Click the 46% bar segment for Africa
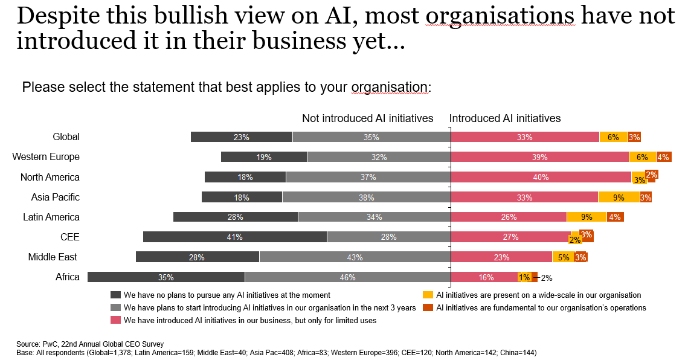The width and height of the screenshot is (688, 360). [347, 277]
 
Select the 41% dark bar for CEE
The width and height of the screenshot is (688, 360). [234, 237]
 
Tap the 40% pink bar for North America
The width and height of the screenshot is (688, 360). [541, 177]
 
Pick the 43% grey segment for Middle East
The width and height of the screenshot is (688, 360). [355, 257]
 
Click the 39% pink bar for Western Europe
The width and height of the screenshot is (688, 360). [539, 157]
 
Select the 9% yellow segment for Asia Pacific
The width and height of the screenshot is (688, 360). [619, 197]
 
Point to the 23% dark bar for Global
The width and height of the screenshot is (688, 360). [241, 137]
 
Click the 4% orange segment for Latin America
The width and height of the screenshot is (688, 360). [616, 217]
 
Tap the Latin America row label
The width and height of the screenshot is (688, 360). [51, 217]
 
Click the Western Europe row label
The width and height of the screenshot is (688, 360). [46, 157]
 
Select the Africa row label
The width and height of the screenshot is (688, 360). [67, 277]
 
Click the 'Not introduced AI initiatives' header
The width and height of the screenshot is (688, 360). [367, 118]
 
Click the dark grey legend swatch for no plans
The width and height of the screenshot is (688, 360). [115, 295]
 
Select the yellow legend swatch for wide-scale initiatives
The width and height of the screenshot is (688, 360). [428, 295]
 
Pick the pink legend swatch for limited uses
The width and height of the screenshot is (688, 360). [115, 320]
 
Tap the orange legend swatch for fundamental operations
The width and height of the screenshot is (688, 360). [428, 307]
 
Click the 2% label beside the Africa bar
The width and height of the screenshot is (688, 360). [546, 278]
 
